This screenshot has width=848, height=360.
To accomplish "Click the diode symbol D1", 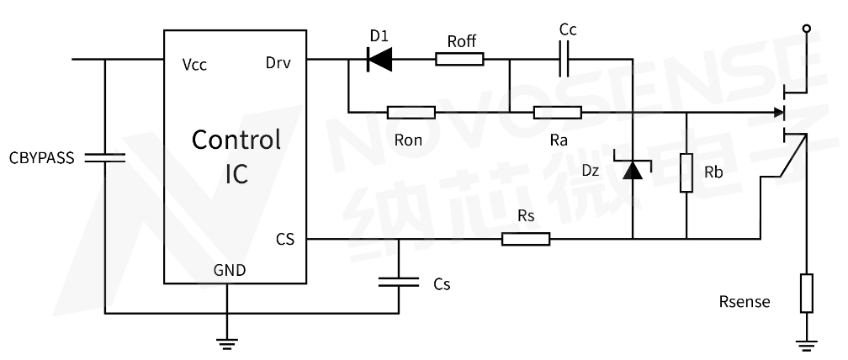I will [x=381, y=59].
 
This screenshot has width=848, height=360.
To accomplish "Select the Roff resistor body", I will [x=459, y=59].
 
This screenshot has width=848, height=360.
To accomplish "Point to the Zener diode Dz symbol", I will [x=631, y=170].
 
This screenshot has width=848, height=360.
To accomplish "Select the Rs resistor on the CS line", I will [x=525, y=239].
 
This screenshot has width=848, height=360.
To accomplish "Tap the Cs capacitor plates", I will [x=399, y=284].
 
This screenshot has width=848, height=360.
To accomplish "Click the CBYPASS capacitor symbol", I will [x=104, y=157].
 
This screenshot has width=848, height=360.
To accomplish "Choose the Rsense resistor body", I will [x=806, y=292].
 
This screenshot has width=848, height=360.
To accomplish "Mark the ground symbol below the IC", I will [x=227, y=342].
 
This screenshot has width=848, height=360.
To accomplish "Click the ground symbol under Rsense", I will [x=806, y=342].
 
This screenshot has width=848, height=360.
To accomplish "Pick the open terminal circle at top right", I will [x=807, y=29].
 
